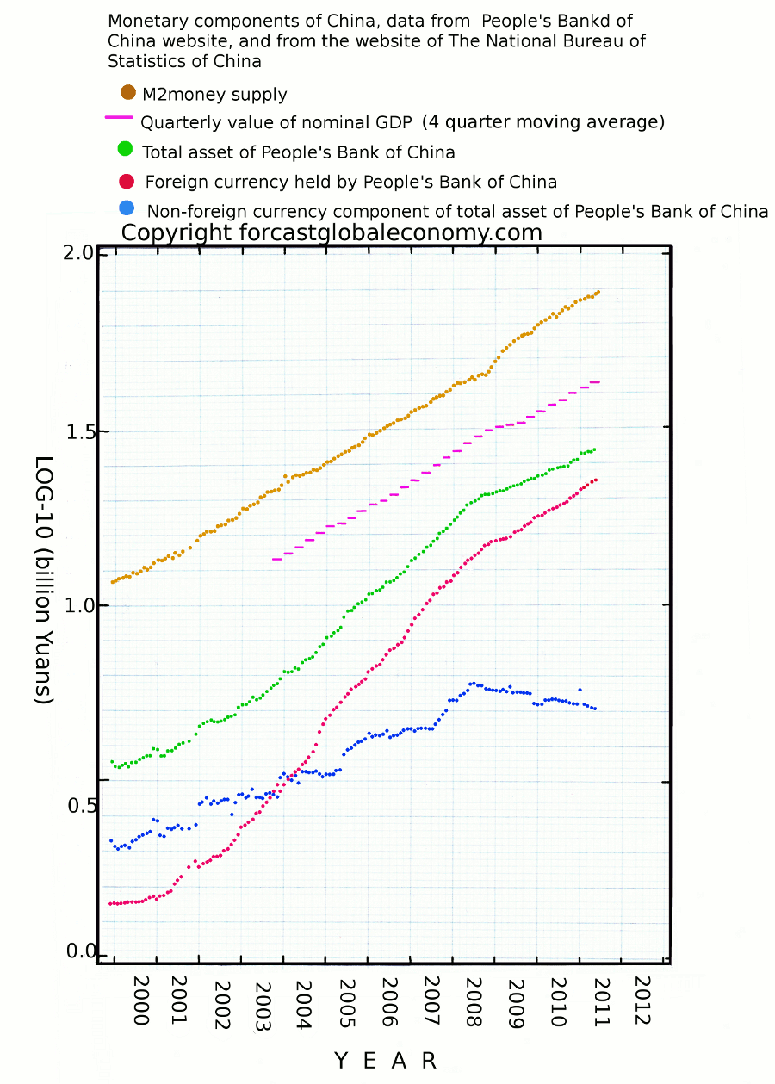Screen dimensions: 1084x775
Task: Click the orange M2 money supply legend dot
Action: [x=128, y=92]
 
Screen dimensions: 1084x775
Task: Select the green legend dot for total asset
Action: [x=125, y=149]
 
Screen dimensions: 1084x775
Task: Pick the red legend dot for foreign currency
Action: [x=126, y=181]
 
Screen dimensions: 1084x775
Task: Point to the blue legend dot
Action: [x=126, y=208]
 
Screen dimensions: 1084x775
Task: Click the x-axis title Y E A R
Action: [x=385, y=1060]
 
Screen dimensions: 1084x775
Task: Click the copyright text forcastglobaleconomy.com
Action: [x=332, y=232]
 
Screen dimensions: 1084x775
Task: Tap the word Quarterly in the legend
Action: [x=178, y=121]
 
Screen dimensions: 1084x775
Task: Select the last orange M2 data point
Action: [x=598, y=292]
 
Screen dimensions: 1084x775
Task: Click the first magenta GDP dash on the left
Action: [x=277, y=559]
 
